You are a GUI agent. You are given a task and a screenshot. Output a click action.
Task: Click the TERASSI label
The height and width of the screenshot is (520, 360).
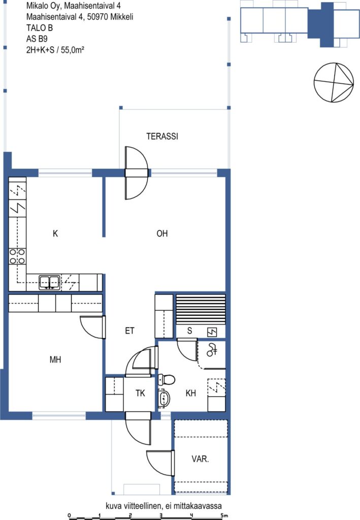click(162, 136)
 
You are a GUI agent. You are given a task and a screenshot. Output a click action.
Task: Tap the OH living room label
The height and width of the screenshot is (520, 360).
click(162, 234)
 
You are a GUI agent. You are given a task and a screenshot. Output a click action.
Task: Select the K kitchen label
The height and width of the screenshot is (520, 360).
click(55, 234)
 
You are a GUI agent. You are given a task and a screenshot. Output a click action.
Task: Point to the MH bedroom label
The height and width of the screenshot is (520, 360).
click(55, 360)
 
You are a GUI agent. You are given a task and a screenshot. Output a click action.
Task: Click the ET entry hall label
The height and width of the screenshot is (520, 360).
click(129, 331)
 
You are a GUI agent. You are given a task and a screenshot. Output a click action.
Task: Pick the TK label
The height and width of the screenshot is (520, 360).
click(140, 394)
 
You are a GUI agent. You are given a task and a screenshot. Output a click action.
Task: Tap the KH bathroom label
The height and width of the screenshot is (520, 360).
click(190, 394)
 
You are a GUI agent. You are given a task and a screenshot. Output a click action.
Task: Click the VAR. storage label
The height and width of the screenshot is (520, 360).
click(200, 459)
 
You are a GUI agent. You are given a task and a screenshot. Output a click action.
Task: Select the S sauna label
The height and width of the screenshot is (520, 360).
click(189, 331)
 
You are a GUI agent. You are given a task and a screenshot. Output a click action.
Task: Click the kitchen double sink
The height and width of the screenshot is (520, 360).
click(49, 282)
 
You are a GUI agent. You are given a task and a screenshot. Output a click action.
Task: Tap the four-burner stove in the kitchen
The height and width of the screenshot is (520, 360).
click(17, 256)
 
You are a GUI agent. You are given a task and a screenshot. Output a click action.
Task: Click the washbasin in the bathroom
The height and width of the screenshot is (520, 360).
click(164, 398)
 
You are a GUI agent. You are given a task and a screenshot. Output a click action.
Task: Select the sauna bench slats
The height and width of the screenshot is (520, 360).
click(201, 309)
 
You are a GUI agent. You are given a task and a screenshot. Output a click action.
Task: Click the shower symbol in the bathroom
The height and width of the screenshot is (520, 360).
click(212, 350)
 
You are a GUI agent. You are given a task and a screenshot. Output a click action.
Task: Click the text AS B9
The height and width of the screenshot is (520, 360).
click(37, 39)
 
